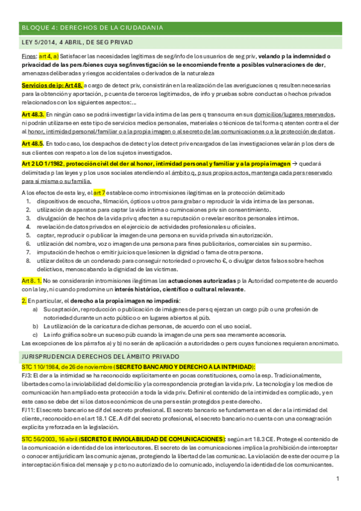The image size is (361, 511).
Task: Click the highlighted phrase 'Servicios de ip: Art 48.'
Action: pos(51,86)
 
